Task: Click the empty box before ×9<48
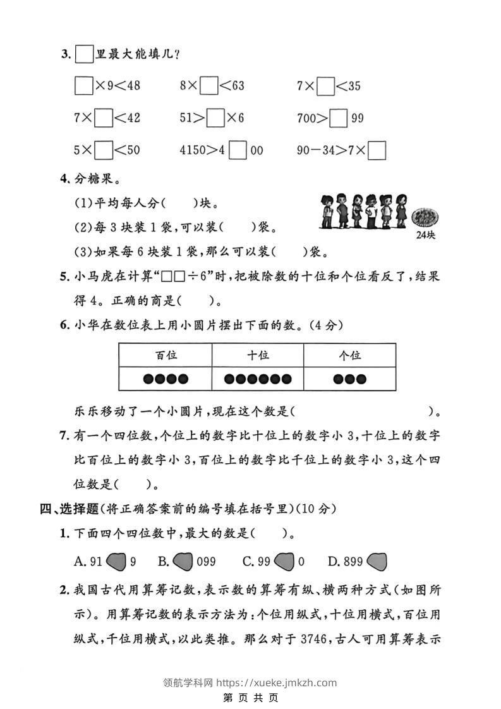(83, 86)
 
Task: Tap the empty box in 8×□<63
(208, 86)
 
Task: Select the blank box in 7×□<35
(326, 86)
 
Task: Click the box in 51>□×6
(216, 118)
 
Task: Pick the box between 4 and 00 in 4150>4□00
(238, 150)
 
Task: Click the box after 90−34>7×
(377, 150)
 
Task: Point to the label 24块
(426, 236)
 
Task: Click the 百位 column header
(166, 355)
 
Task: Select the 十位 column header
(258, 355)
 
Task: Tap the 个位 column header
(349, 355)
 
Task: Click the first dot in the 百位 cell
(147, 379)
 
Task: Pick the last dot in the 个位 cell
(361, 379)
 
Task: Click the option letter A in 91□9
(79, 561)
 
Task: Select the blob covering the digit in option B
(183, 561)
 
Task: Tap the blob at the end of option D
(377, 561)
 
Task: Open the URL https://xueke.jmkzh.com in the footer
(277, 682)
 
